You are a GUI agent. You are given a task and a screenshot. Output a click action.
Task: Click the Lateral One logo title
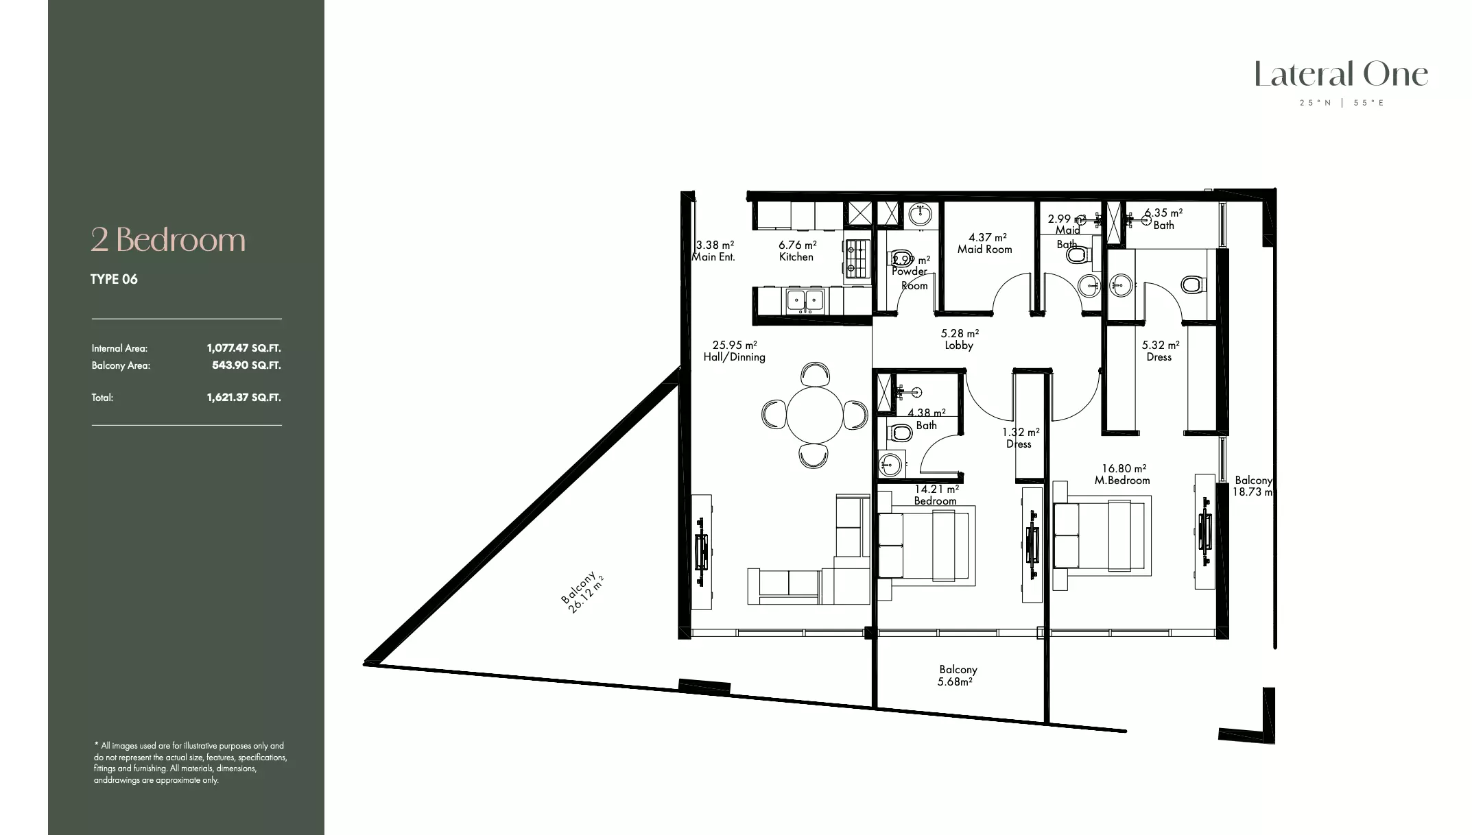click(x=1341, y=75)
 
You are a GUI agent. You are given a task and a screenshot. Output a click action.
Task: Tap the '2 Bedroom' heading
click(x=168, y=240)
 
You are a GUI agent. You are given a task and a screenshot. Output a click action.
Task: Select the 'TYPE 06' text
click(x=114, y=279)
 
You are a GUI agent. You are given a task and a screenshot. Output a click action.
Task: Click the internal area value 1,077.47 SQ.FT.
click(x=244, y=348)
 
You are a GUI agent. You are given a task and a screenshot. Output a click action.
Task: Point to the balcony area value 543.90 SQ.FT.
click(x=246, y=365)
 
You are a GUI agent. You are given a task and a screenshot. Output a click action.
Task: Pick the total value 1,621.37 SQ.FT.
click(x=244, y=398)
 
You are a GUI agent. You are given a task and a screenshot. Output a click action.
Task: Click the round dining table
click(x=814, y=415)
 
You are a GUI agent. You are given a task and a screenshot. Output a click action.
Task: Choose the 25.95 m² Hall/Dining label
click(x=734, y=351)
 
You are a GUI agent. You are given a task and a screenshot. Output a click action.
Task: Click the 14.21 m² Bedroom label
click(x=936, y=495)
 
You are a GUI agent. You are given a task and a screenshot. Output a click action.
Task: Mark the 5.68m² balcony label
click(x=958, y=675)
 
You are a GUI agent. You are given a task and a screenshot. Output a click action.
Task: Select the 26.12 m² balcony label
click(x=582, y=592)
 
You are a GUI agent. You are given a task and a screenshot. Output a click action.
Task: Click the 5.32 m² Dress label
click(x=1160, y=351)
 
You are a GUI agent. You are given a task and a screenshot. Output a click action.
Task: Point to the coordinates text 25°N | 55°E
click(x=1342, y=103)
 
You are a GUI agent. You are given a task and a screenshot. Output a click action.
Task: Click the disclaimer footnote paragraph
click(x=190, y=762)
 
